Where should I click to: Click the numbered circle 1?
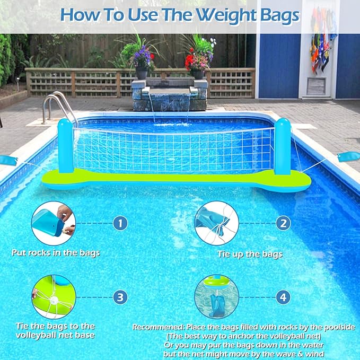pos(120,223)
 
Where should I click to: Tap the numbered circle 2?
pos(284,223)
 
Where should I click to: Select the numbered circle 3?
pos(120,297)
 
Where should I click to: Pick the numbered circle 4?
pos(284,297)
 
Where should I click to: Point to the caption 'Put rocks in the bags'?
pos(56,253)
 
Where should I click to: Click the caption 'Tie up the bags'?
pos(250,254)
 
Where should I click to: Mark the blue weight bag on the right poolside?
pos(349,156)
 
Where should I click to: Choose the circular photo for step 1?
pos(53,223)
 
